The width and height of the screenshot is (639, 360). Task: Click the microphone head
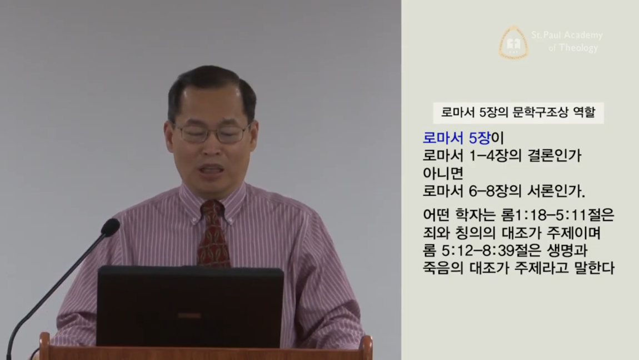(110, 227)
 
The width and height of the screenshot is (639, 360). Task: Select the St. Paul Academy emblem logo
(513, 43)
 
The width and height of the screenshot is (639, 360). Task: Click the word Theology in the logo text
(578, 48)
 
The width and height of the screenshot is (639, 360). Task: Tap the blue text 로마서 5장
(456, 138)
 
